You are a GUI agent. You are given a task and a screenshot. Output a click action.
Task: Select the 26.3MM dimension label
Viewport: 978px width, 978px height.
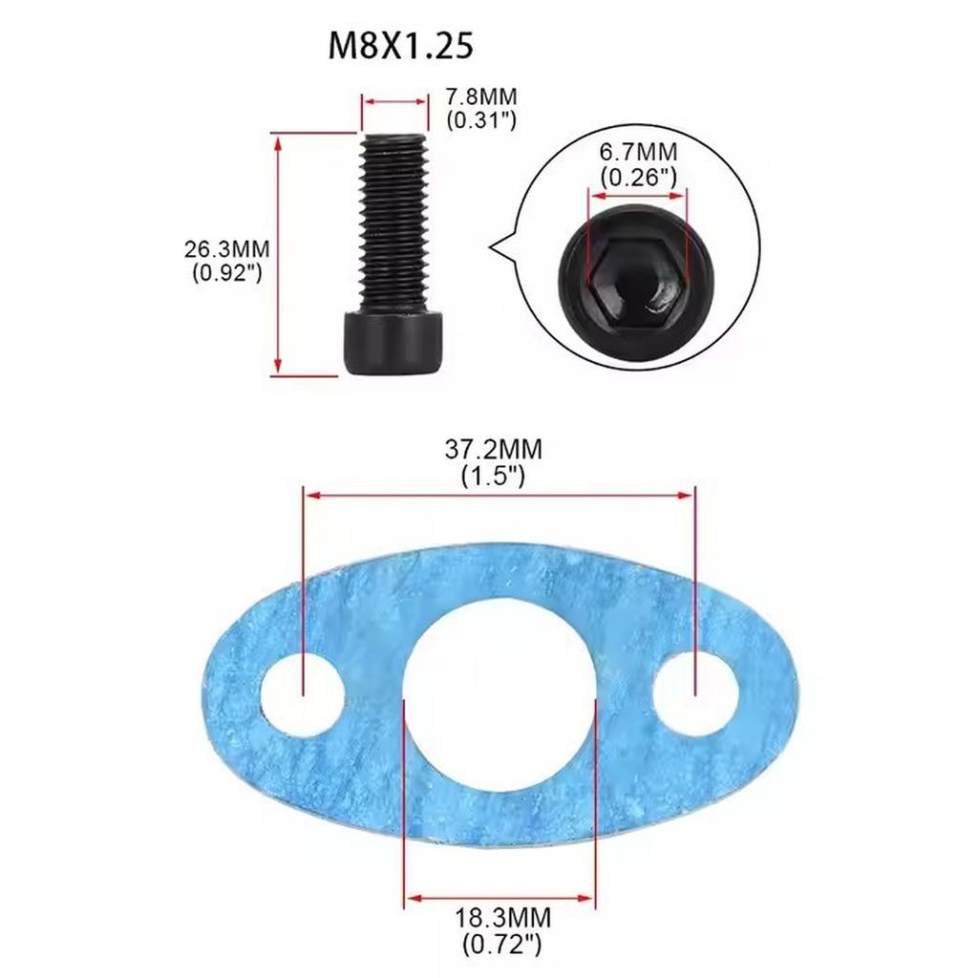click(226, 249)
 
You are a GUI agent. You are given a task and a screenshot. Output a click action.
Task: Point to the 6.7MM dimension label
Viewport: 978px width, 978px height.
click(638, 152)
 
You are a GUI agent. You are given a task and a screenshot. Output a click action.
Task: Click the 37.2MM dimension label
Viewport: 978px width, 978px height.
click(493, 449)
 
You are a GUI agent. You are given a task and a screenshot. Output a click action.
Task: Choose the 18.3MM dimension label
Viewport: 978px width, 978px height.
click(503, 918)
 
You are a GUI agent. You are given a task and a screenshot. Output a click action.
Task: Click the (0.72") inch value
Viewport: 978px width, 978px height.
click(502, 945)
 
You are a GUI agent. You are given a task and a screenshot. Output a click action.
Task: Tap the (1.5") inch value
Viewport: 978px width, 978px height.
click(493, 475)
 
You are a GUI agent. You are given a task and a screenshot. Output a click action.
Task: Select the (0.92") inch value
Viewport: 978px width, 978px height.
click(226, 273)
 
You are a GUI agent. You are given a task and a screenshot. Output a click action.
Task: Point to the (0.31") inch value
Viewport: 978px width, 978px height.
click(482, 120)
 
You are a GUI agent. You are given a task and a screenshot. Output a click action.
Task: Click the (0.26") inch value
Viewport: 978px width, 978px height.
click(638, 177)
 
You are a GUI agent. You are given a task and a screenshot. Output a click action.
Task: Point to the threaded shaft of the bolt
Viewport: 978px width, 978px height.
click(393, 220)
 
